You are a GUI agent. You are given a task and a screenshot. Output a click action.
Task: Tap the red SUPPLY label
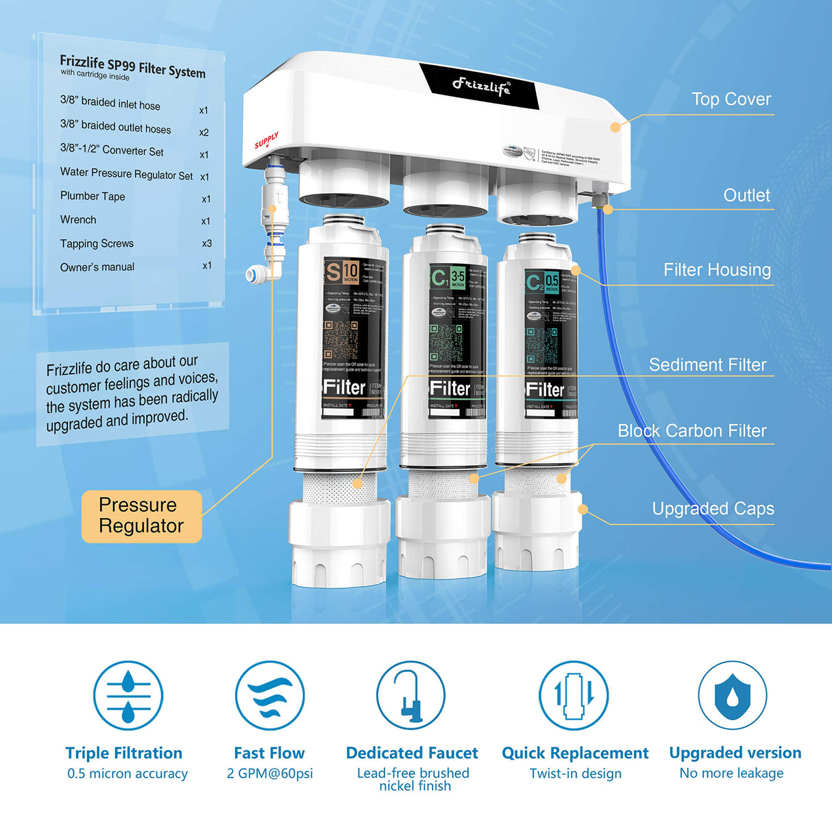[267, 140]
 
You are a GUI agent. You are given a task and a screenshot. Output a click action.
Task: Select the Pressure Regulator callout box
[141, 516]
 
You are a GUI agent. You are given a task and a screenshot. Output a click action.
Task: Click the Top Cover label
[731, 99]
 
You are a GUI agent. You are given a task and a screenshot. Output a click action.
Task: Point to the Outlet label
[746, 195]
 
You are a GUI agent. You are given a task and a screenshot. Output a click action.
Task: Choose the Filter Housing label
[717, 270]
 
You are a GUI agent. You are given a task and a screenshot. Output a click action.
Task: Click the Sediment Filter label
[707, 364]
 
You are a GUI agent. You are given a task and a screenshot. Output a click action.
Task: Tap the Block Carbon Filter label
[692, 431]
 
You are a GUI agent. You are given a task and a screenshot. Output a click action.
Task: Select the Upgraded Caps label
[713, 508]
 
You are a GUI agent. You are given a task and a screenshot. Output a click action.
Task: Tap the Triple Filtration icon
[128, 695]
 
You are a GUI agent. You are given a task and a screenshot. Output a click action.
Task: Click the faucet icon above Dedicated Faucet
[411, 695]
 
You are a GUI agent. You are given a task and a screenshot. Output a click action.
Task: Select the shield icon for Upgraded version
[732, 695]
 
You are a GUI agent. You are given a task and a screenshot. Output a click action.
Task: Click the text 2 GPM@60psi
[269, 773]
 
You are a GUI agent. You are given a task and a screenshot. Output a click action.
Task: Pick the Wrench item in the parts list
[78, 220]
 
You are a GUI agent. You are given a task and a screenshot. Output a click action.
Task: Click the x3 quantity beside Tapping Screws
[206, 243]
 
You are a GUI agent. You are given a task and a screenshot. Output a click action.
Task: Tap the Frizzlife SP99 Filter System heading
[132, 66]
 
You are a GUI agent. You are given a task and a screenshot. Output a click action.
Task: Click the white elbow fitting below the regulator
[265, 271]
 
